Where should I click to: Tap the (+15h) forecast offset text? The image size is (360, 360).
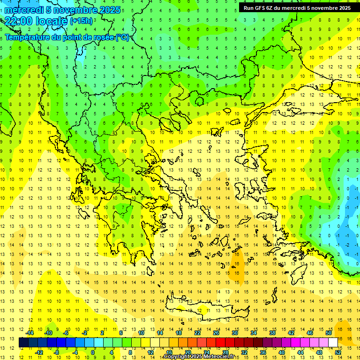coord(81,21)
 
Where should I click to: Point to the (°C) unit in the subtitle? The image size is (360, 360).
coord(122,37)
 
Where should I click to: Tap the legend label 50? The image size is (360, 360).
coord(328,333)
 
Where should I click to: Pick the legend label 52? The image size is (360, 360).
coord(337,352)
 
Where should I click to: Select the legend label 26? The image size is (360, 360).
coord(216,333)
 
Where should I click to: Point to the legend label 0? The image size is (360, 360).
coord(93,352)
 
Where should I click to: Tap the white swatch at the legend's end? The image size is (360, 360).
coord(333,342)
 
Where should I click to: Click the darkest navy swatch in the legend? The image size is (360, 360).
coord(23,342)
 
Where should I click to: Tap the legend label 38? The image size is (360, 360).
coord(272,333)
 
